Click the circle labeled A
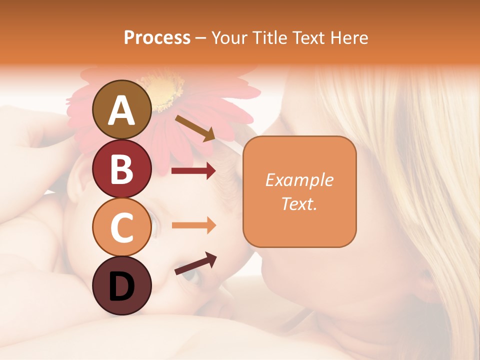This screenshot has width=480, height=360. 122,109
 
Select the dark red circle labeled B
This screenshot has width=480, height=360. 122,168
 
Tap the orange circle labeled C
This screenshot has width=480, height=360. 122,227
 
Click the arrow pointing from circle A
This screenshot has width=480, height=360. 195,128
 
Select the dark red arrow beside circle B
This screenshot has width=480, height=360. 193,171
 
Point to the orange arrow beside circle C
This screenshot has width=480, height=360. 193,225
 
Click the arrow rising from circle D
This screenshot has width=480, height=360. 195,263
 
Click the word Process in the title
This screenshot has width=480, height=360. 157,37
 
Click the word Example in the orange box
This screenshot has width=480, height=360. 299,180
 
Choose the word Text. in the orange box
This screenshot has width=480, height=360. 299,203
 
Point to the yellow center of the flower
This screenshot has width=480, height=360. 165,90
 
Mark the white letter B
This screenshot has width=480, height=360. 122,168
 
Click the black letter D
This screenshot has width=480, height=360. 122,286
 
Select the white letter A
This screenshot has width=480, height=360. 122,110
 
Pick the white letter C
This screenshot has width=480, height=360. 122,227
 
